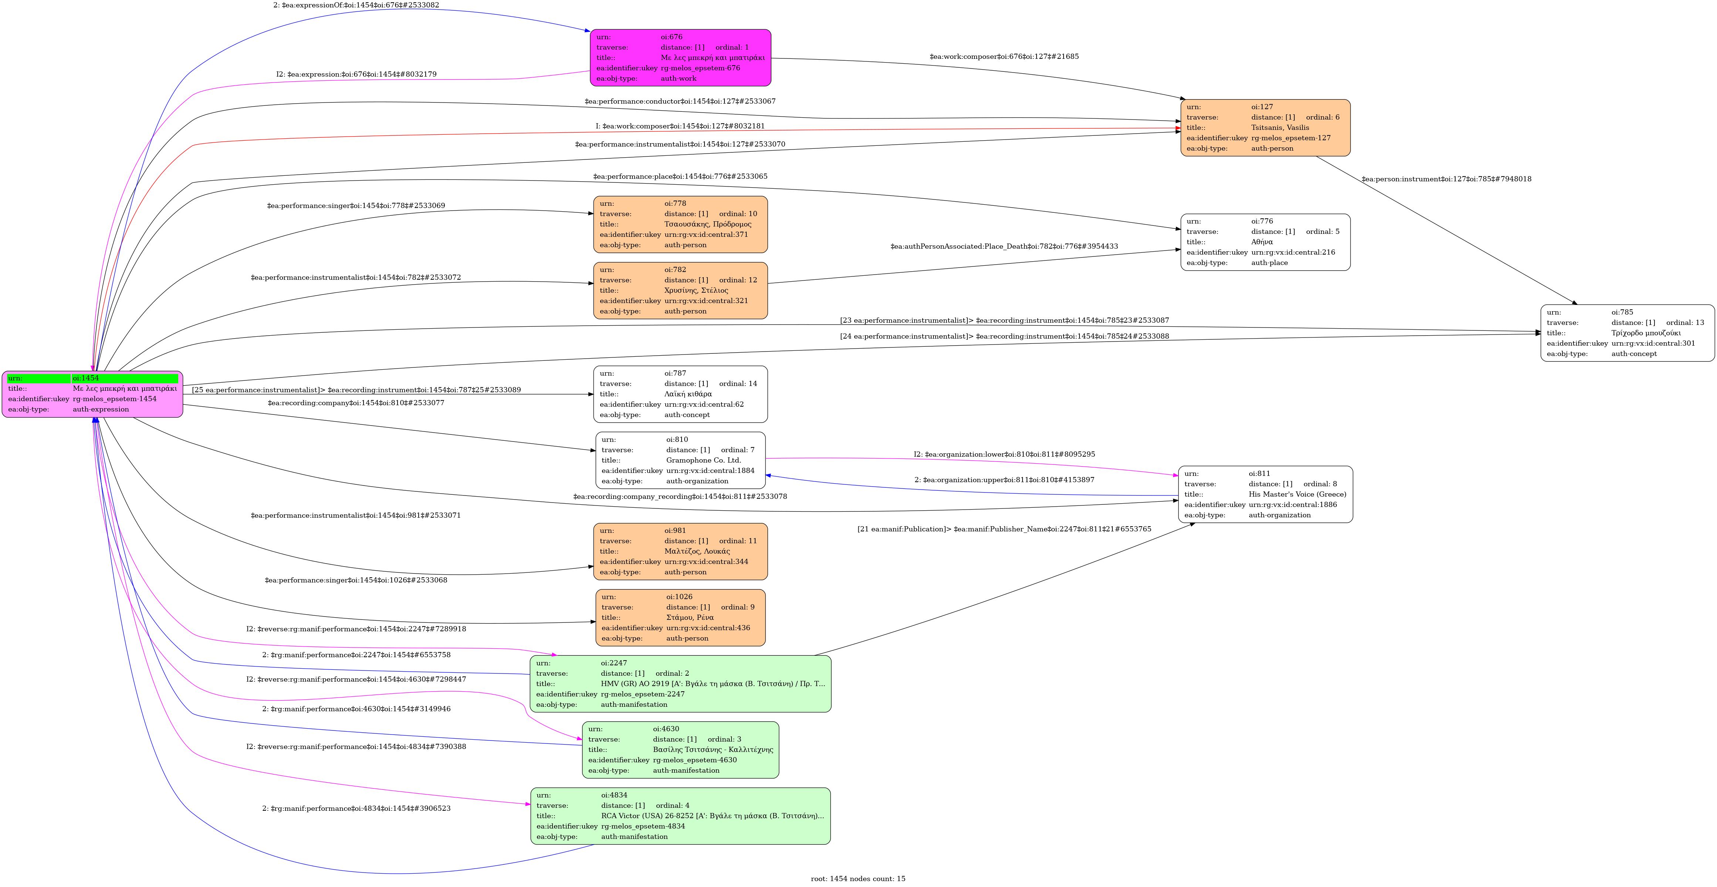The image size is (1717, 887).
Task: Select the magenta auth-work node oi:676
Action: point(680,57)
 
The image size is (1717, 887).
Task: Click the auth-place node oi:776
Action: point(1264,242)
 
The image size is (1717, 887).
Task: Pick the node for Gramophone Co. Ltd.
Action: point(680,460)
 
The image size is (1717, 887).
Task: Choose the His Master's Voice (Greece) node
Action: point(1264,494)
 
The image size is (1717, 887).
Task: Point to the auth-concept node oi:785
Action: point(1626,333)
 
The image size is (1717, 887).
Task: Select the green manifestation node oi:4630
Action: point(680,750)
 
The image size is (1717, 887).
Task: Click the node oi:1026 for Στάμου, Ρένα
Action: point(680,618)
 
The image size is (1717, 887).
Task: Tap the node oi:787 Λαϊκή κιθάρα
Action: point(680,394)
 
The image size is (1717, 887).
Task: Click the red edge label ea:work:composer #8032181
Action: point(680,126)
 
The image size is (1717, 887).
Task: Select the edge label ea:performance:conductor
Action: point(680,101)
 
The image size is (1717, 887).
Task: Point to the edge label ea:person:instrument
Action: point(1446,179)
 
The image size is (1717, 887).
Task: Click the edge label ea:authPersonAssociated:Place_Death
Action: point(1004,246)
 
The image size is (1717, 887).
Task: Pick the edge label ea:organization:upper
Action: point(1004,480)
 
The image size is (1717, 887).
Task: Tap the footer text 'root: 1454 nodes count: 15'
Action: point(858,878)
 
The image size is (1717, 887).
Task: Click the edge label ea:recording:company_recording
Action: point(680,496)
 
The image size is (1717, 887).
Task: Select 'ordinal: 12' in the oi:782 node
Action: point(738,280)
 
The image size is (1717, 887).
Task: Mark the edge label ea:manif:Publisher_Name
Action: point(1004,529)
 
